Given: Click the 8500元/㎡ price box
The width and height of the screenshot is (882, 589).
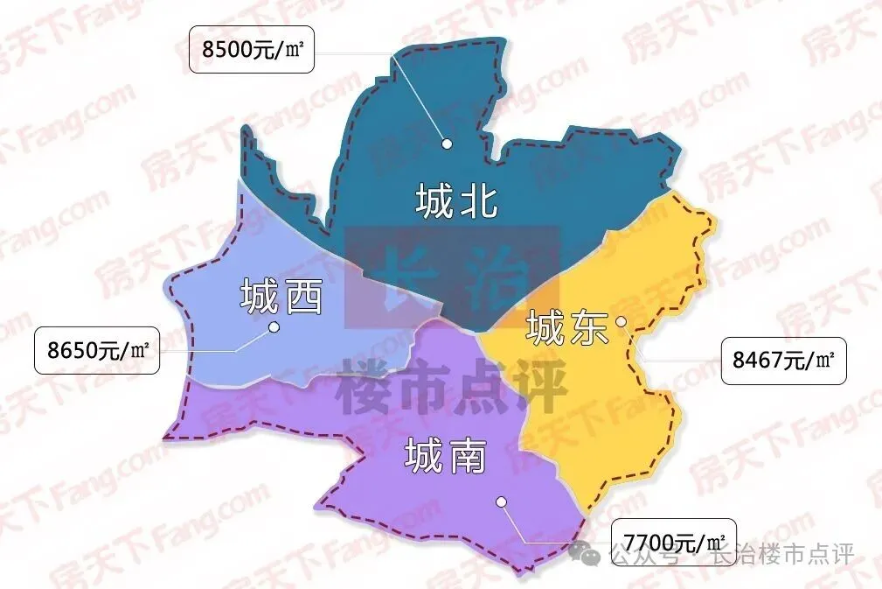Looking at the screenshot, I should coord(251,50).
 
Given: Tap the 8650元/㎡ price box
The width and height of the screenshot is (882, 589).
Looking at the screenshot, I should coord(96,350).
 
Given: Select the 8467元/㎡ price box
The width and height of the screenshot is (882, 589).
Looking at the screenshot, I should coord(784,360).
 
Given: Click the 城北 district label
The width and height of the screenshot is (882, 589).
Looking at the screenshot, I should coord(457,201).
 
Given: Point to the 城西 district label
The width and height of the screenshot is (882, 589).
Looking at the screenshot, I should coord(281,298).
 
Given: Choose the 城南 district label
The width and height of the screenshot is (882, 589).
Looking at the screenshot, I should coord(445,456).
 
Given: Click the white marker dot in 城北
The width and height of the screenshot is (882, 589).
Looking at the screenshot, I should coord(447,143).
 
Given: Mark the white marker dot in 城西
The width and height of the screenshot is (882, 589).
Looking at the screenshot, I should coord(274,327).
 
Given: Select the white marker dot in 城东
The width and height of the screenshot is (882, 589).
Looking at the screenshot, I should coord(621,321).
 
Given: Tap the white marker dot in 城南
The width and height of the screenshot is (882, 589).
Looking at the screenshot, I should coord(501,501).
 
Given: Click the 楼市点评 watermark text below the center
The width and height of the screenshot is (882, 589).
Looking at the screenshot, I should coord(451,385).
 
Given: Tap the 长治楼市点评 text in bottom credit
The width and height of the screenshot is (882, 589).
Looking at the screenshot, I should coord(781,555).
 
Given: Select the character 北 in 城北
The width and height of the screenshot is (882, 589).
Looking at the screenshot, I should coord(478,201).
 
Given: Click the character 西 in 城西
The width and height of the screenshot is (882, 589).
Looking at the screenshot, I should coord(303,298).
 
